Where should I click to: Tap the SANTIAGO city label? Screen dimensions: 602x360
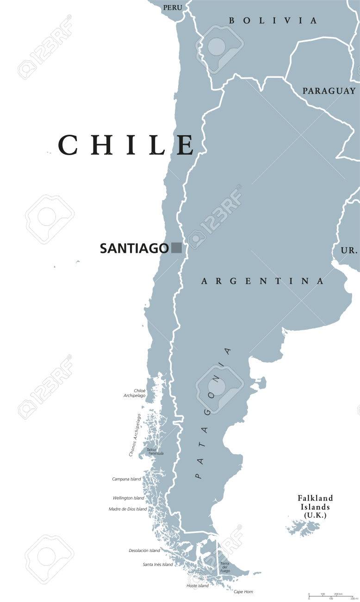click(134, 249)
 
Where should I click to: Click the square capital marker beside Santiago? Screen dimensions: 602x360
click(176, 248)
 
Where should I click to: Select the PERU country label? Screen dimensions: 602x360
click(172, 8)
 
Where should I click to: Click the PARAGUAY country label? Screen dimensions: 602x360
click(329, 91)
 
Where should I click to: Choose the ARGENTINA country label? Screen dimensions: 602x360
click(261, 281)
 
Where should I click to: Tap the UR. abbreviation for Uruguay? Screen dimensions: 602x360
click(349, 251)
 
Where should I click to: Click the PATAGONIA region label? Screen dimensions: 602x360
click(213, 413)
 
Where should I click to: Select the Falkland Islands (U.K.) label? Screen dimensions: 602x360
click(315, 506)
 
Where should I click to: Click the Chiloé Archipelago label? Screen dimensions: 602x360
click(135, 393)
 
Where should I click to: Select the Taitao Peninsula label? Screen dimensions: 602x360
click(155, 451)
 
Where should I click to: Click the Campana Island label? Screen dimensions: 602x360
click(126, 479)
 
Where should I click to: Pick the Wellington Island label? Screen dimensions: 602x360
click(128, 498)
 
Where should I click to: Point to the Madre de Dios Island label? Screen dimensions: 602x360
click(128, 509)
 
